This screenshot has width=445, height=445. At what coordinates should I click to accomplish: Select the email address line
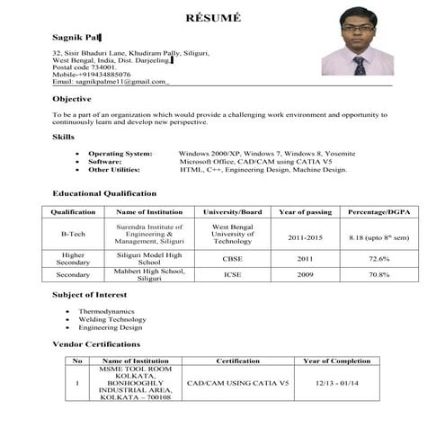click(111, 81)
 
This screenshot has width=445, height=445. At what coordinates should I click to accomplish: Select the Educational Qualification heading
click(104, 193)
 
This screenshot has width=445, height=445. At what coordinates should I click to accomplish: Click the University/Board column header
click(233, 212)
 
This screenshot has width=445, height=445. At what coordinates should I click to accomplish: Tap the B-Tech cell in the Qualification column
click(73, 235)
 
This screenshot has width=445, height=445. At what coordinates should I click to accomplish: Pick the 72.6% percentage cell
click(378, 258)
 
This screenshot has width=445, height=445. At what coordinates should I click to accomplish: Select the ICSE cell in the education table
click(233, 274)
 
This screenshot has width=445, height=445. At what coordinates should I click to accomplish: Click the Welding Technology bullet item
click(112, 319)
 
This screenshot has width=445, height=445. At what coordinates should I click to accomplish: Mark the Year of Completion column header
click(336, 360)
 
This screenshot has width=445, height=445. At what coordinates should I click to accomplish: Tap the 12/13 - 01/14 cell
click(336, 383)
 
